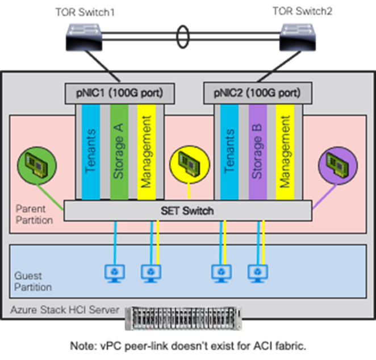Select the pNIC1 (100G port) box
click(119, 93)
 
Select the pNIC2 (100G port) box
click(257, 93)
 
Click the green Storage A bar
click(119, 152)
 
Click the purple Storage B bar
click(257, 152)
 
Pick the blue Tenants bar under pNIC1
click(91, 152)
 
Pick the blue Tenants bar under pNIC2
click(229, 152)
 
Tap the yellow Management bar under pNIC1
click(146, 152)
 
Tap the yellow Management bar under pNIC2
click(285, 152)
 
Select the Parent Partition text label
click(34, 214)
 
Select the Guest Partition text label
click(32, 281)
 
